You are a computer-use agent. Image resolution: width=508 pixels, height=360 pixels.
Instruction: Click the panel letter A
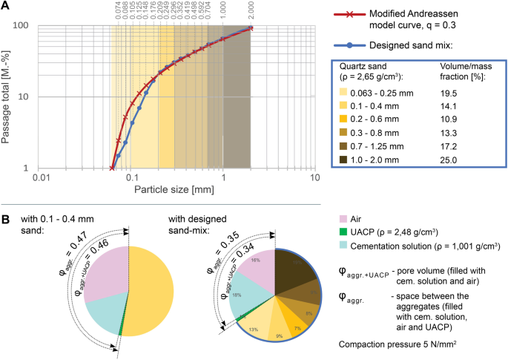pyautogui.click(x=6, y=6)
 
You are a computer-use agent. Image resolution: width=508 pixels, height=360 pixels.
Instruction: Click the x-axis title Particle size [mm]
pyautogui.click(x=177, y=191)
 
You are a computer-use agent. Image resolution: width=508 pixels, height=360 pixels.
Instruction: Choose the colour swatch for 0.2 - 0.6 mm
pyautogui.click(x=343, y=118)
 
